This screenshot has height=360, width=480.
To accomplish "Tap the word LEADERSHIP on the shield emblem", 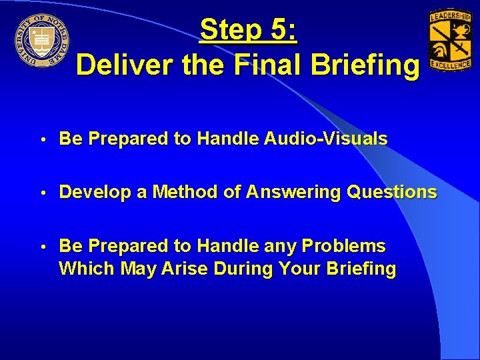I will (x=451, y=15).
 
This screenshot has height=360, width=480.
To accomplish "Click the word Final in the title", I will (x=257, y=66).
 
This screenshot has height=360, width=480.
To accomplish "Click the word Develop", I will (x=95, y=193).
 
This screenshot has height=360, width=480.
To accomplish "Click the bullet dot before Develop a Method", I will (x=43, y=193).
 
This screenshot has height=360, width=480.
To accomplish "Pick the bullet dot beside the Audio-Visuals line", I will (x=43, y=139).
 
